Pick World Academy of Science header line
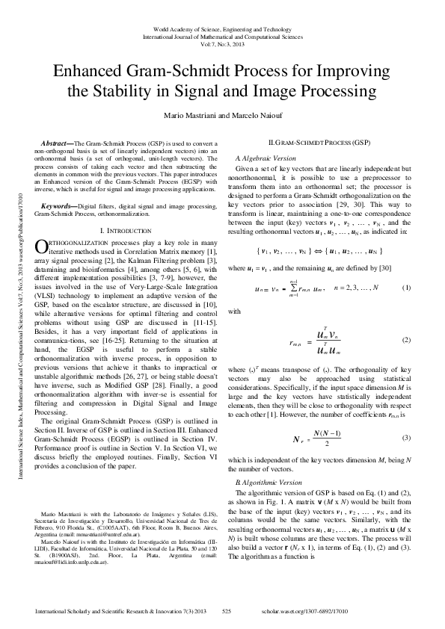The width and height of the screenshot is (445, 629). (x=222, y=26)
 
